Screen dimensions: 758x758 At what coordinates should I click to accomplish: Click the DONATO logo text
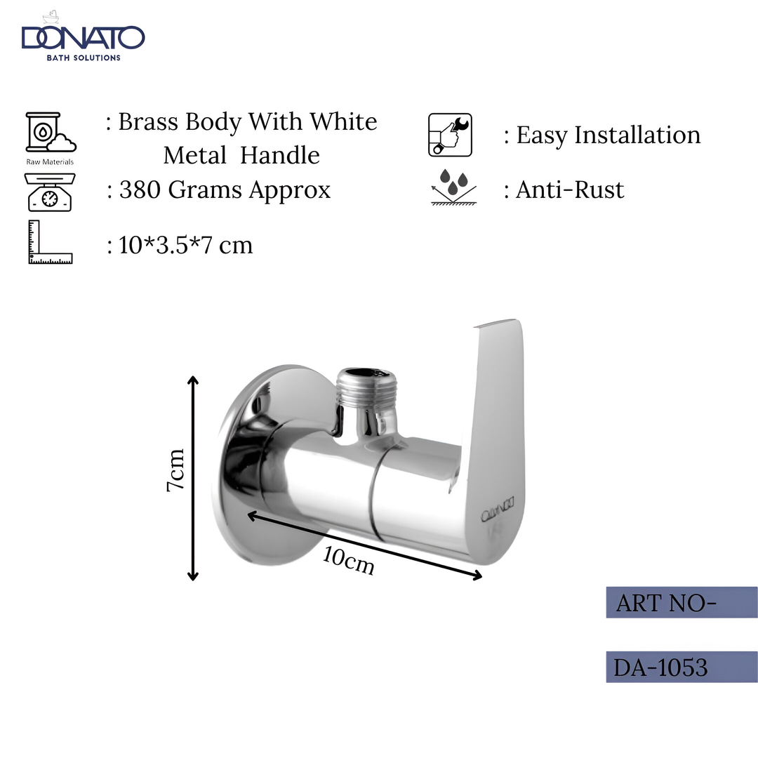point(83,38)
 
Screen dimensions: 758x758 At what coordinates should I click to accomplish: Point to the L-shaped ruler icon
point(49,242)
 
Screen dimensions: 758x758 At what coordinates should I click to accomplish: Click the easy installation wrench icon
point(450,135)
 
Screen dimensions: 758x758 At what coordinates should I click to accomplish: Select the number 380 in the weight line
point(140,190)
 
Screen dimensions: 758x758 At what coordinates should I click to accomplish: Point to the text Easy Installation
point(608,135)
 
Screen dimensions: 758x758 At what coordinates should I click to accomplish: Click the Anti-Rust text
point(569,189)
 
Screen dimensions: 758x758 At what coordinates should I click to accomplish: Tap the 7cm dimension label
point(175,470)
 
